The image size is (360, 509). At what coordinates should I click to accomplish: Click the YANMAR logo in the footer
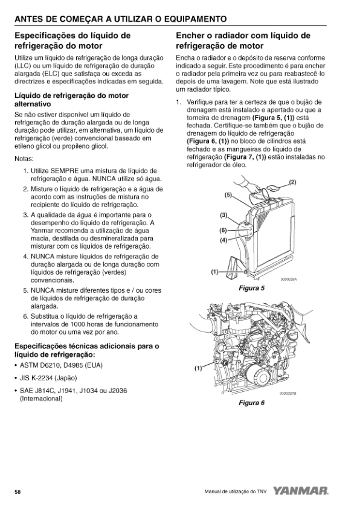click(301, 491)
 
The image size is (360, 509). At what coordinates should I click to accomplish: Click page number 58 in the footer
click(18, 492)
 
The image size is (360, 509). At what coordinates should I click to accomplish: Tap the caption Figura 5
click(252, 288)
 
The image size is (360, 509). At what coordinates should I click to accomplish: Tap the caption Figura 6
click(252, 403)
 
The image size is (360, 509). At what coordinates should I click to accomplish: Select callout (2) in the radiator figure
click(292, 182)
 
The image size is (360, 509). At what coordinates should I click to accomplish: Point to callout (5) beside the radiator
click(228, 195)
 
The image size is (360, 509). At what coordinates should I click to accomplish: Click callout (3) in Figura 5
click(223, 214)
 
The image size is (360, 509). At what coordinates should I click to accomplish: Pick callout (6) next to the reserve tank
click(223, 231)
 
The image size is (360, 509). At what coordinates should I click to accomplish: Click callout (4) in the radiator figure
click(223, 240)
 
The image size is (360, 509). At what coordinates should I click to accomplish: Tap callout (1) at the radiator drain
click(214, 272)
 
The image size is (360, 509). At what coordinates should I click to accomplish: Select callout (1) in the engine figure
click(198, 368)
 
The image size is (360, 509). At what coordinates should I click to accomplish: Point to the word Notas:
click(24, 159)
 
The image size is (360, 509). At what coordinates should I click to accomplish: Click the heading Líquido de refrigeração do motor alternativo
click(71, 100)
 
